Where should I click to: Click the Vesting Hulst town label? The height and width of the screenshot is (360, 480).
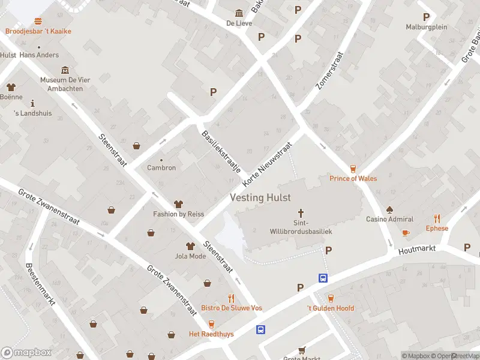pos(260,197)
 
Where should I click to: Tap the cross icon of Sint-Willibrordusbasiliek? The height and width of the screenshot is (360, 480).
pos(301,213)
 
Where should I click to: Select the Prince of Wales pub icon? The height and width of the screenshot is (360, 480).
pos(353,169)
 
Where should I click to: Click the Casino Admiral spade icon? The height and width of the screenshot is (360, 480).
pos(389,209)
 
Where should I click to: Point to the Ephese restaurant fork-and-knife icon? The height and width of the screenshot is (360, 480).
pos(437,219)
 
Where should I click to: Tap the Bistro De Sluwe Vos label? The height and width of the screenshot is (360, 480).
pos(231,308)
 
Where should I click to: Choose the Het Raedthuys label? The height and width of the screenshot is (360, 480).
pos(211,334)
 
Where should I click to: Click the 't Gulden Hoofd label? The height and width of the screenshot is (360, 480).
pos(331,308)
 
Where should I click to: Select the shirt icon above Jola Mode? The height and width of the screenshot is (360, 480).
pos(190,246)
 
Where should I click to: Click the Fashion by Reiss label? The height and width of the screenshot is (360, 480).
pos(178,214)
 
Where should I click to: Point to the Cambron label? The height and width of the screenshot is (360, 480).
pos(161,168)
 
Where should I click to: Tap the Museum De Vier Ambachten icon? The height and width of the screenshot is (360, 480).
pos(65,70)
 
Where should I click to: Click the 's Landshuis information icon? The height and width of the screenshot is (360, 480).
pos(32,103)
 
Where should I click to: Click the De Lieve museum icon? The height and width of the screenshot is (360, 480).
pos(239,14)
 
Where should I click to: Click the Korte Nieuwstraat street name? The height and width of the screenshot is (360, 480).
pos(267,164)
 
